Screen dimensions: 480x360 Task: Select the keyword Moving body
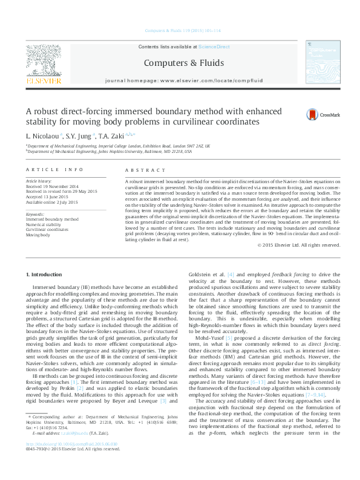(x=38, y=234)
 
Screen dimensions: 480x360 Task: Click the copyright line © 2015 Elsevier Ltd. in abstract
(x=298, y=245)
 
